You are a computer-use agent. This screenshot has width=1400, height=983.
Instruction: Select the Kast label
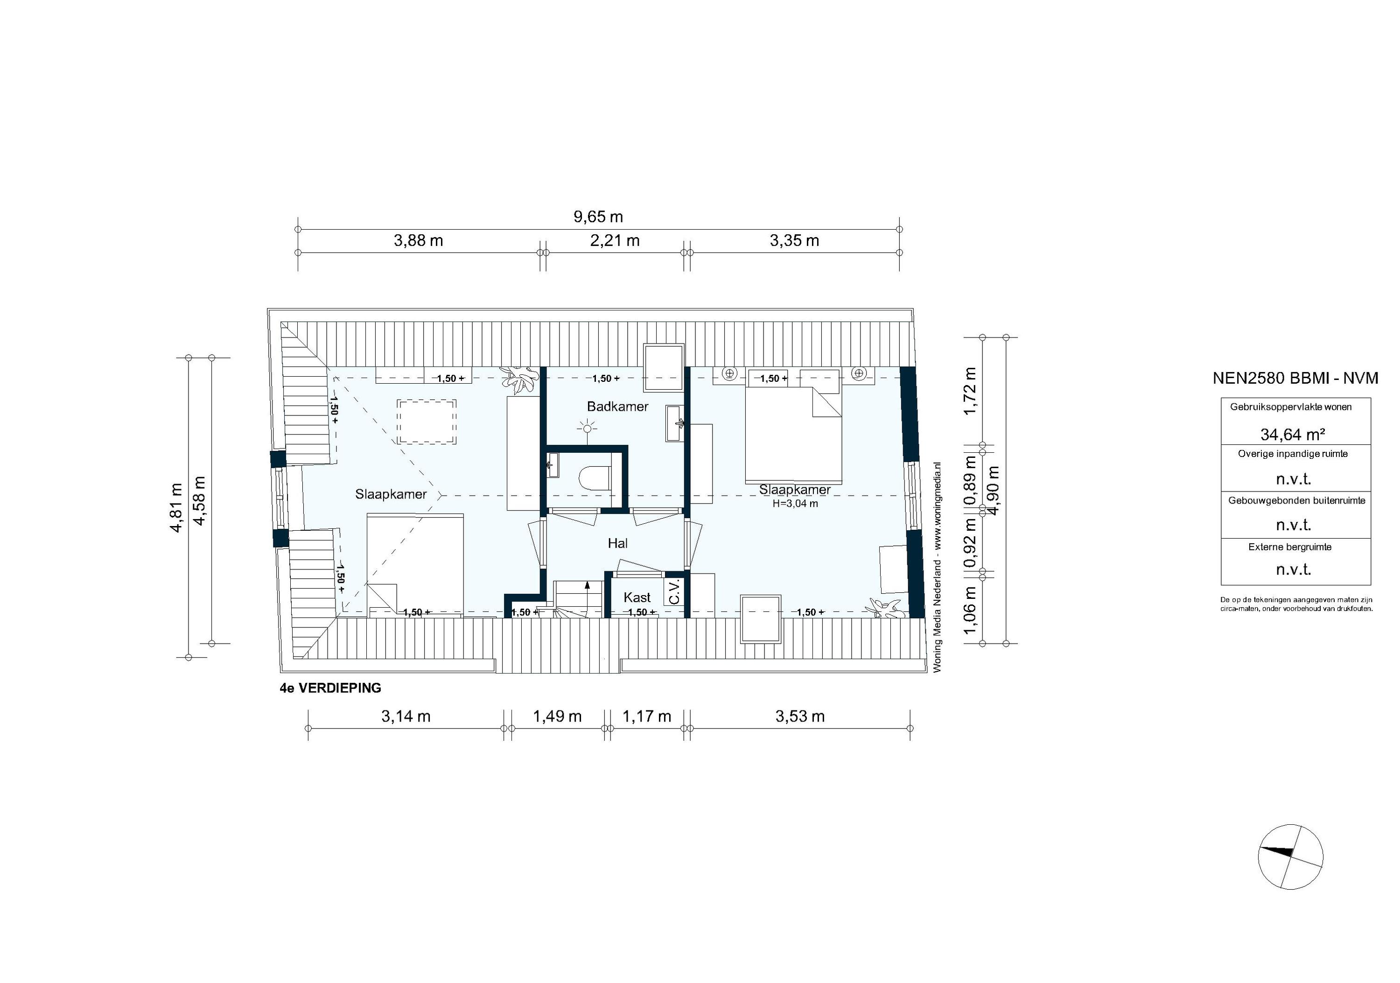coord(637,597)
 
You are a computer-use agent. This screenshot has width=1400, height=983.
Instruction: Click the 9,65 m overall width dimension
coord(598,217)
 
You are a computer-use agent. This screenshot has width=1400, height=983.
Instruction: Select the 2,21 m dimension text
coord(615,241)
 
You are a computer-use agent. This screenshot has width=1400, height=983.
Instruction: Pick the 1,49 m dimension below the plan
coord(557,716)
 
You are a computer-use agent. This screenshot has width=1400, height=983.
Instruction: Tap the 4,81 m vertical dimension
coord(176,507)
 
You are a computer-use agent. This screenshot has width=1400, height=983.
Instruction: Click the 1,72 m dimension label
coord(970,391)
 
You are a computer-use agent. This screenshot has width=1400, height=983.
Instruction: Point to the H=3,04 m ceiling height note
coord(795,504)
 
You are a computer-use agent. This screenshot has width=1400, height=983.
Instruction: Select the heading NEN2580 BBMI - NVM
coord(1295,378)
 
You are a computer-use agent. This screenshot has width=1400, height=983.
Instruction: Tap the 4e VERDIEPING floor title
coord(330,688)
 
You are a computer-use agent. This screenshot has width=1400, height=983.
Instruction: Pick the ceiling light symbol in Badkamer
coord(588,428)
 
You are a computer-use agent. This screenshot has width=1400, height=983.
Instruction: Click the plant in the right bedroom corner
coord(885,607)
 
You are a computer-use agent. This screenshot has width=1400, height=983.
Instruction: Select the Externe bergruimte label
coord(1290,547)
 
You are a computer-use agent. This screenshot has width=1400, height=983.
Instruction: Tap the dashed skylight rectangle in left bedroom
coord(427,422)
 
